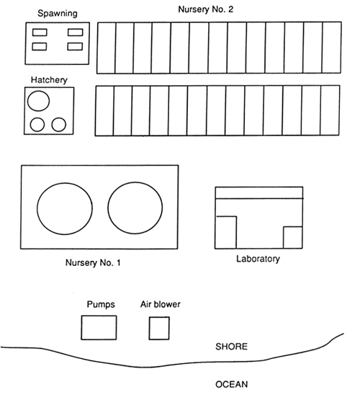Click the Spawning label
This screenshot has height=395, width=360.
pyautogui.click(x=58, y=13)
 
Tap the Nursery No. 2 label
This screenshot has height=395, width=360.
pyautogui.click(x=205, y=9)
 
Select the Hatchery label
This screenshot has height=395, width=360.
pyautogui.click(x=49, y=80)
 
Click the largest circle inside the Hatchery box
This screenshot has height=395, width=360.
pyautogui.click(x=38, y=91)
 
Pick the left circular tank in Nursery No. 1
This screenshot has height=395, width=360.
pyautogui.click(x=37, y=208)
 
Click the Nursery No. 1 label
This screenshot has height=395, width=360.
pyautogui.click(x=93, y=263)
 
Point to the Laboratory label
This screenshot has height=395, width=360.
pyautogui.click(x=258, y=259)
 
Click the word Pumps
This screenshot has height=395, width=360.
pyautogui.click(x=101, y=304)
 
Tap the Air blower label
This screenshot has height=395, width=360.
pyautogui.click(x=161, y=304)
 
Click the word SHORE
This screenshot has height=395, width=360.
pyautogui.click(x=231, y=347)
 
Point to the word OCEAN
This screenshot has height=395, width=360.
pyautogui.click(x=232, y=384)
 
